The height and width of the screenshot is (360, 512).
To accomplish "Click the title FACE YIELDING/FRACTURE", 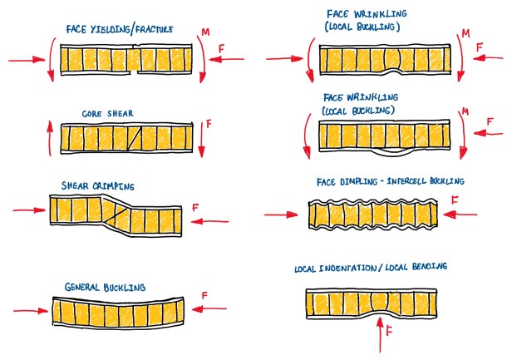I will [121, 29].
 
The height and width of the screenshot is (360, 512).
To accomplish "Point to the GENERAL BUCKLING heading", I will [105, 288].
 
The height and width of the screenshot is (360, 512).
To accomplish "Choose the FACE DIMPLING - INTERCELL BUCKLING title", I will [390, 181].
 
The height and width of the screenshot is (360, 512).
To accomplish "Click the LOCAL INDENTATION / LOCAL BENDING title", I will [371, 267].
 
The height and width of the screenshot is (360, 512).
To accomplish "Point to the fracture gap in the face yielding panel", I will [133, 60].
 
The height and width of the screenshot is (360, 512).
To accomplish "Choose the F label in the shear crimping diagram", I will [193, 205].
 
